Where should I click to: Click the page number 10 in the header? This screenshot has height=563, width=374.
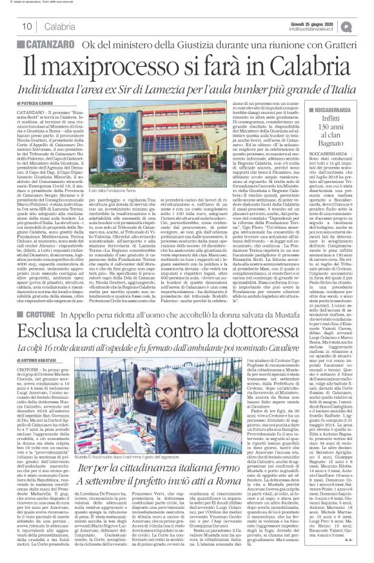pyautogui.click(x=28, y=26)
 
